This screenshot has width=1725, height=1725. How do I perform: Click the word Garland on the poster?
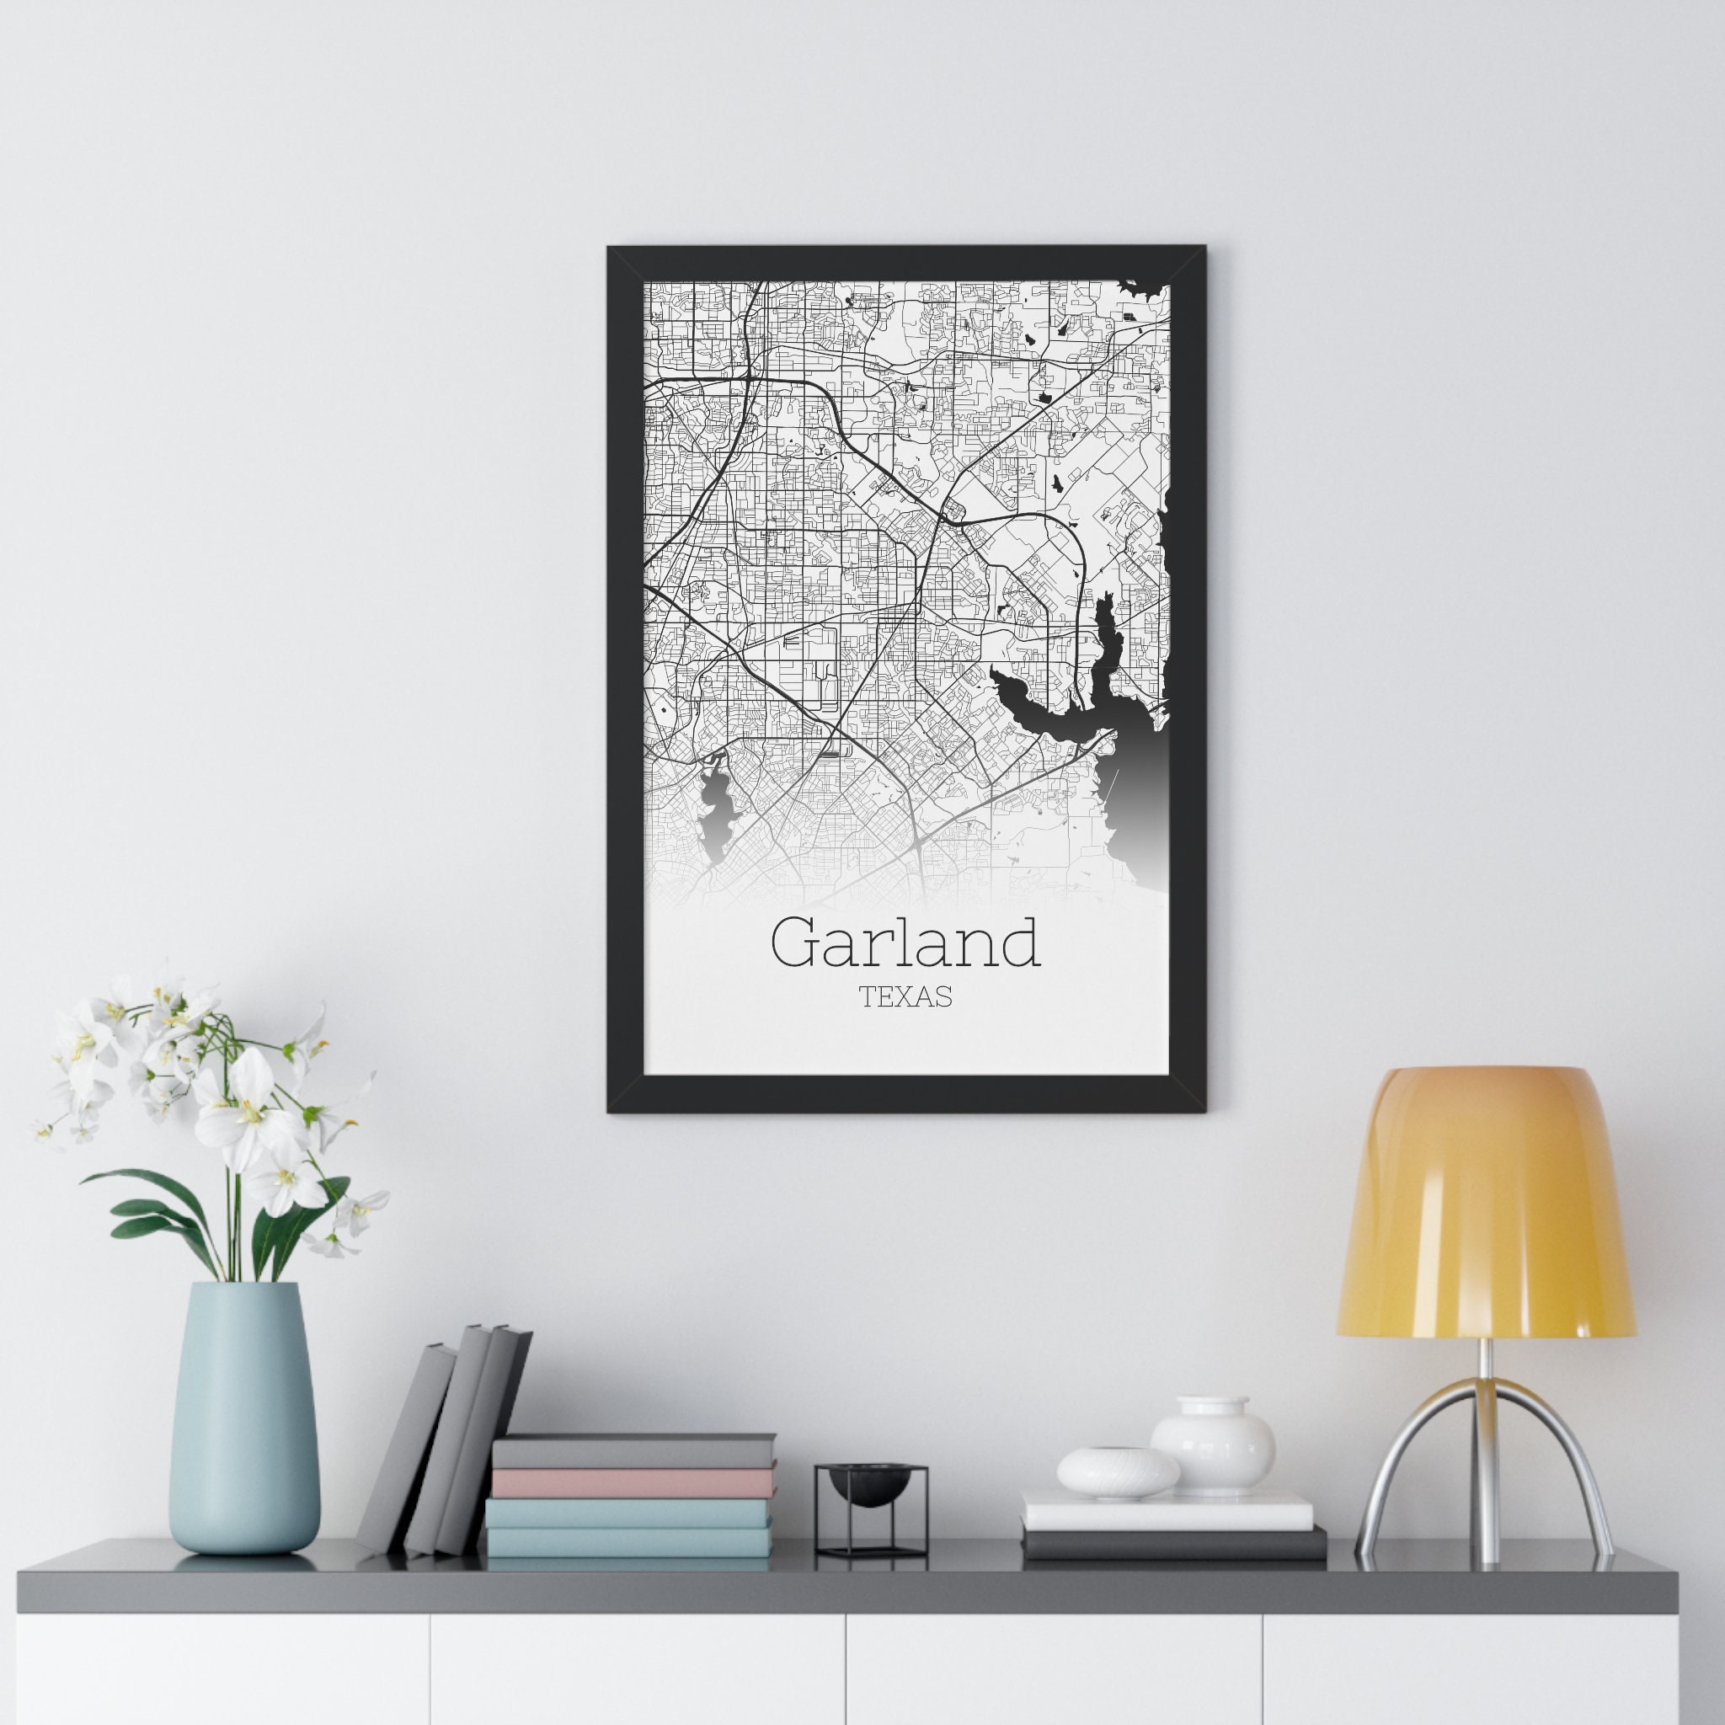pyautogui.click(x=905, y=943)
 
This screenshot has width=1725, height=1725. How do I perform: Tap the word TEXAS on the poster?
pyautogui.click(x=905, y=997)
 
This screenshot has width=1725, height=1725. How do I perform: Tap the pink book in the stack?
pyautogui.click(x=633, y=1483)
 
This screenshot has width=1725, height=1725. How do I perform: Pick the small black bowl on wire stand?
pyautogui.click(x=868, y=1487)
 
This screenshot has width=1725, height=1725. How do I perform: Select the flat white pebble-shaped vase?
pyautogui.click(x=1117, y=1473)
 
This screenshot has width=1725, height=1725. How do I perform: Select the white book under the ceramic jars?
pyautogui.click(x=1167, y=1511)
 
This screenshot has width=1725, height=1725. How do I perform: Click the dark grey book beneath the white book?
pyautogui.click(x=1173, y=1543)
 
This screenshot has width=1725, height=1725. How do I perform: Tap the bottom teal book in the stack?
pyautogui.click(x=628, y=1542)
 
